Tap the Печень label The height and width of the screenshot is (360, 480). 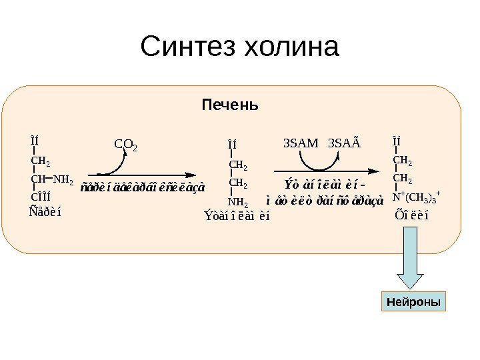tap(230, 106)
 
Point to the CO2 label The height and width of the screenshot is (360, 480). tap(126, 144)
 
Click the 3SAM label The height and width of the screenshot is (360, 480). tap(297, 143)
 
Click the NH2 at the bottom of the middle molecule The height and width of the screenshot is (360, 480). tap(237, 202)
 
